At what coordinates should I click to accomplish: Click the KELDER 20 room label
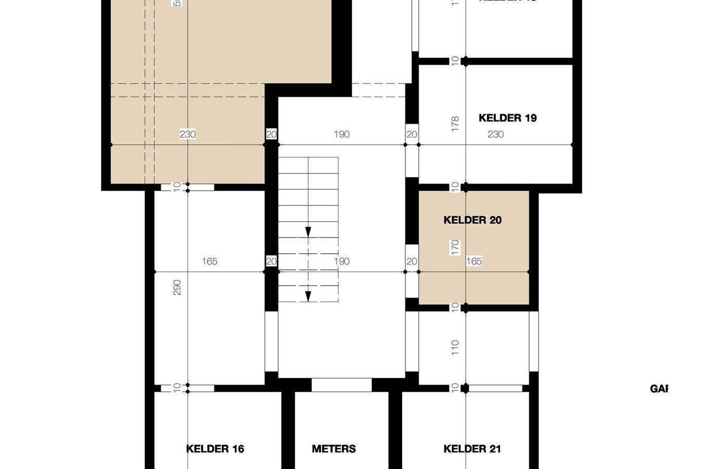tap(472, 220)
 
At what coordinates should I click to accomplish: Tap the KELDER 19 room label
tap(507, 118)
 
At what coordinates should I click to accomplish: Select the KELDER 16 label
tap(215, 449)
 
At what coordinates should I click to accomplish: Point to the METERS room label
tap(334, 449)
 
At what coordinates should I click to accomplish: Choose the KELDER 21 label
tap(472, 449)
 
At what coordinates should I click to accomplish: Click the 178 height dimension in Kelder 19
tap(456, 124)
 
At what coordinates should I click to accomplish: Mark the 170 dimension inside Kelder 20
tap(456, 246)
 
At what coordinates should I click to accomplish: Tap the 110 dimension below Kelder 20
tap(456, 347)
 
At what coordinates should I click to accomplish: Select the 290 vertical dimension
tap(177, 288)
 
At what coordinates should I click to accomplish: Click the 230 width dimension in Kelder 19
tap(495, 134)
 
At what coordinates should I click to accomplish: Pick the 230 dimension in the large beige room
tap(187, 134)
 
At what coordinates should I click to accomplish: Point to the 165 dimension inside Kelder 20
tap(474, 261)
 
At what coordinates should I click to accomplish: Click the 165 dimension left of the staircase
tap(209, 261)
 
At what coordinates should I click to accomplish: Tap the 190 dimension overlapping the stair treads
tap(342, 261)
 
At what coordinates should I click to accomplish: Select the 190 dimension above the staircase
tap(342, 134)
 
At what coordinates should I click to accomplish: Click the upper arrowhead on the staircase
tap(308, 232)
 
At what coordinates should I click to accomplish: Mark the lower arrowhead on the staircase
tap(308, 296)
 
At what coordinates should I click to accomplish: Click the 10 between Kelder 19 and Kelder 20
tap(456, 186)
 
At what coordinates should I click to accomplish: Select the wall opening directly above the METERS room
tap(342, 385)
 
